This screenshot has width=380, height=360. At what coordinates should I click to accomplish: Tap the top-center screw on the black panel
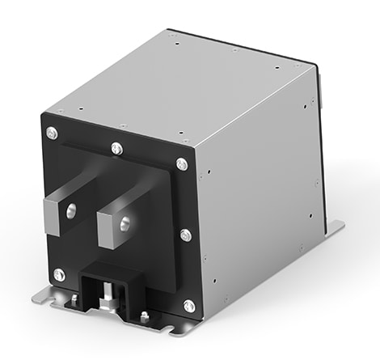116,149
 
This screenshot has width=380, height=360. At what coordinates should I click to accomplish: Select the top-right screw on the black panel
182,164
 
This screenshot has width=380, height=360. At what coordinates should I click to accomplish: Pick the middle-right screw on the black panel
185,235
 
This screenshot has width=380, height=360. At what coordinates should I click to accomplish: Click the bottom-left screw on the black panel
59,273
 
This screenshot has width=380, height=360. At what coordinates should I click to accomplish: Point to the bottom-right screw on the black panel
189,305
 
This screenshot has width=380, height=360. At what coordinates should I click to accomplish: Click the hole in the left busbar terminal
70,210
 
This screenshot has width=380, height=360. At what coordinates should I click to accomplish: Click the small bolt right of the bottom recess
142,316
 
